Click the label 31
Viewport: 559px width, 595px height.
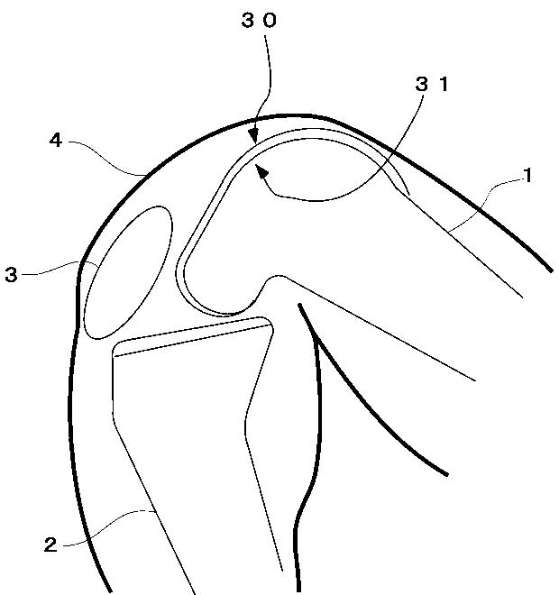(x=431, y=87)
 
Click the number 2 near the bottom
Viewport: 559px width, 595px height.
(x=50, y=544)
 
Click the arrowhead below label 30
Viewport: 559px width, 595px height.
(x=255, y=137)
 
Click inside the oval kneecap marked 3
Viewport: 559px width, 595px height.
(x=127, y=270)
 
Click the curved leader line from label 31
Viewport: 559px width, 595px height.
(x=361, y=180)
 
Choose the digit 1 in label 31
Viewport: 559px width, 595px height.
(x=444, y=87)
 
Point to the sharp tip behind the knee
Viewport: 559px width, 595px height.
(x=298, y=307)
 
